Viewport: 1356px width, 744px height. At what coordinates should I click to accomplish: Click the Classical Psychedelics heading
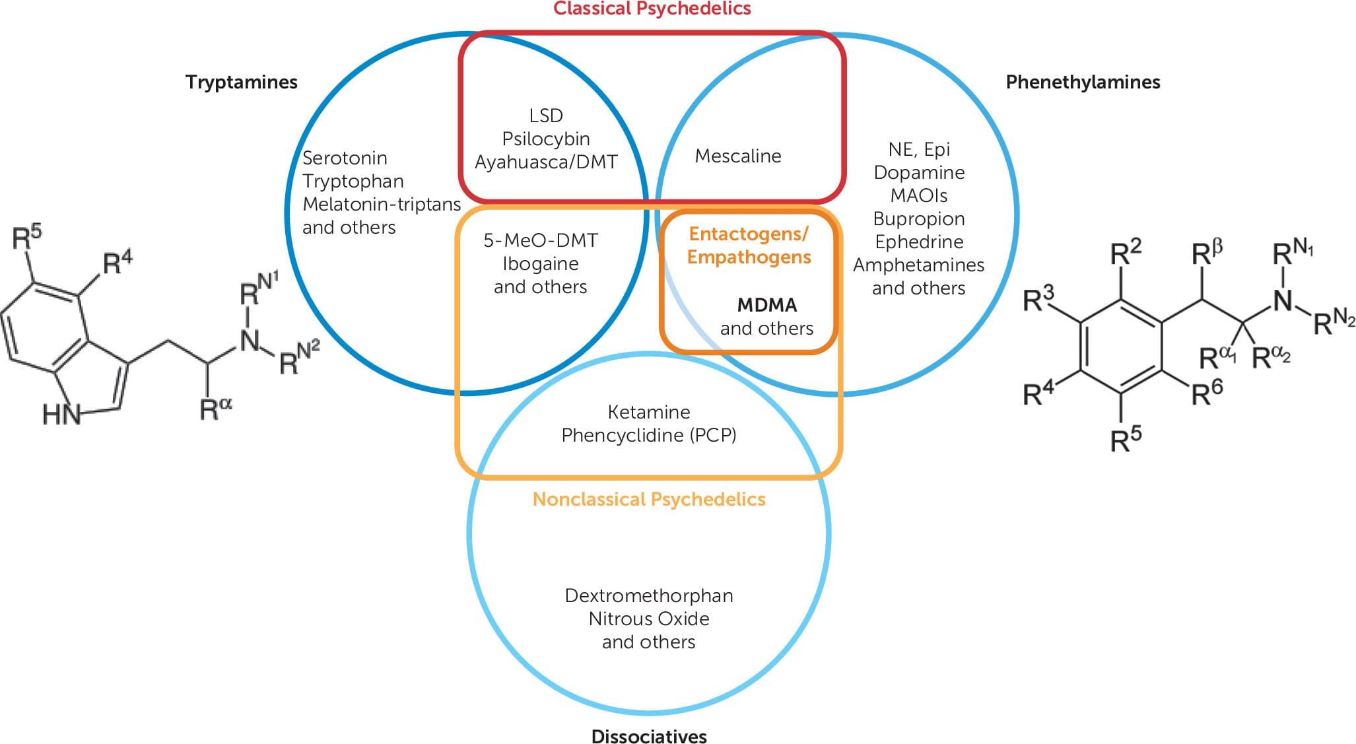pos(652,9)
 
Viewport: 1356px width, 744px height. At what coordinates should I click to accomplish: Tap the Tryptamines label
pos(241,82)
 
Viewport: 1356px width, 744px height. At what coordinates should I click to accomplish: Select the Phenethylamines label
pos(1082,82)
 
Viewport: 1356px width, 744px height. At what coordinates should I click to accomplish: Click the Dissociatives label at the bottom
pos(648,736)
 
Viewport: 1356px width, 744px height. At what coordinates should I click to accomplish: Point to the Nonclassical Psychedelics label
pos(648,499)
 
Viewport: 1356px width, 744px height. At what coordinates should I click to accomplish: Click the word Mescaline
pos(737,156)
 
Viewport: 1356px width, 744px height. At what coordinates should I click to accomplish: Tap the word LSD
pos(546,116)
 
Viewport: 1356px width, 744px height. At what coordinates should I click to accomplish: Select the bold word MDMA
pos(766,305)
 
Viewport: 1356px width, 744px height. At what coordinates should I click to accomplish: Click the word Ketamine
pos(648,412)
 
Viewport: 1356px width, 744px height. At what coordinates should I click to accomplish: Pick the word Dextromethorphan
pos(648,595)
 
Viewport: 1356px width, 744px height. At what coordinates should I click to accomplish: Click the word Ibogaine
pos(540,263)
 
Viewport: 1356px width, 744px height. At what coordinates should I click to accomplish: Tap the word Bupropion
pos(918,219)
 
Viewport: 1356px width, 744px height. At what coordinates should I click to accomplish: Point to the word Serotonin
pos(345,158)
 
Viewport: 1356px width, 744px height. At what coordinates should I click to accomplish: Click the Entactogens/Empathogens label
pos(749,245)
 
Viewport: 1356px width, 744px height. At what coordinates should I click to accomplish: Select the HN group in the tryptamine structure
pos(61,414)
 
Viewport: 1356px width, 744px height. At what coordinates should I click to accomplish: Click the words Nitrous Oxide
pos(648,619)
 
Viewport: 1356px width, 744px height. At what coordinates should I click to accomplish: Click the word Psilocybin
pos(546,139)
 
